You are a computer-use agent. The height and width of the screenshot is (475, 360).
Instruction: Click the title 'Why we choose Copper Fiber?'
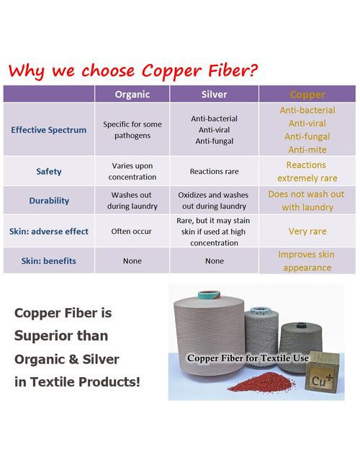134,71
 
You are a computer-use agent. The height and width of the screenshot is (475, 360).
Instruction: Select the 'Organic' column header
132,94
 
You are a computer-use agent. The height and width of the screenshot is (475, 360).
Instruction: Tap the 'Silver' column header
214,94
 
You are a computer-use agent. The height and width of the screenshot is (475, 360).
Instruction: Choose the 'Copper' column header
307,94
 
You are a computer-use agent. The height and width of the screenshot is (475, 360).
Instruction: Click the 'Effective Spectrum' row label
48,130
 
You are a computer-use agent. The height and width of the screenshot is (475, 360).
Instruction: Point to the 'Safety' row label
48,171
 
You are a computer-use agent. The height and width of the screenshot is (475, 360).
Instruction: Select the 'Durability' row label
48,201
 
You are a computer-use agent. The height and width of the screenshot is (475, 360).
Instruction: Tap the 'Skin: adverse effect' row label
48,231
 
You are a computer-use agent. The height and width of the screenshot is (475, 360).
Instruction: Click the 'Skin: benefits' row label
48,261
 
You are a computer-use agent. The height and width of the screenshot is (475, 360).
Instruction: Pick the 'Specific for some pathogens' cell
132,130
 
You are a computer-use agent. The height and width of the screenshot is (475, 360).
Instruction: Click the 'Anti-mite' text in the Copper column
307,150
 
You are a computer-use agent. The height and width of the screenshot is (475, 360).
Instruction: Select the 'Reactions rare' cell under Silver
214,172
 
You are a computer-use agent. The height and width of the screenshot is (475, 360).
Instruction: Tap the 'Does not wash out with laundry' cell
307,201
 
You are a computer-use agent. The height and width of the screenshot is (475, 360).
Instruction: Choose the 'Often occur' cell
132,232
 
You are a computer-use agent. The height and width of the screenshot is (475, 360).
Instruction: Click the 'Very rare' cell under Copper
307,232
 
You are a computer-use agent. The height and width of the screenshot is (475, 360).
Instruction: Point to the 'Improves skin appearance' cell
307,261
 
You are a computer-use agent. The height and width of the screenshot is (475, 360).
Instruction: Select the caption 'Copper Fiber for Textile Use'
248,358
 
